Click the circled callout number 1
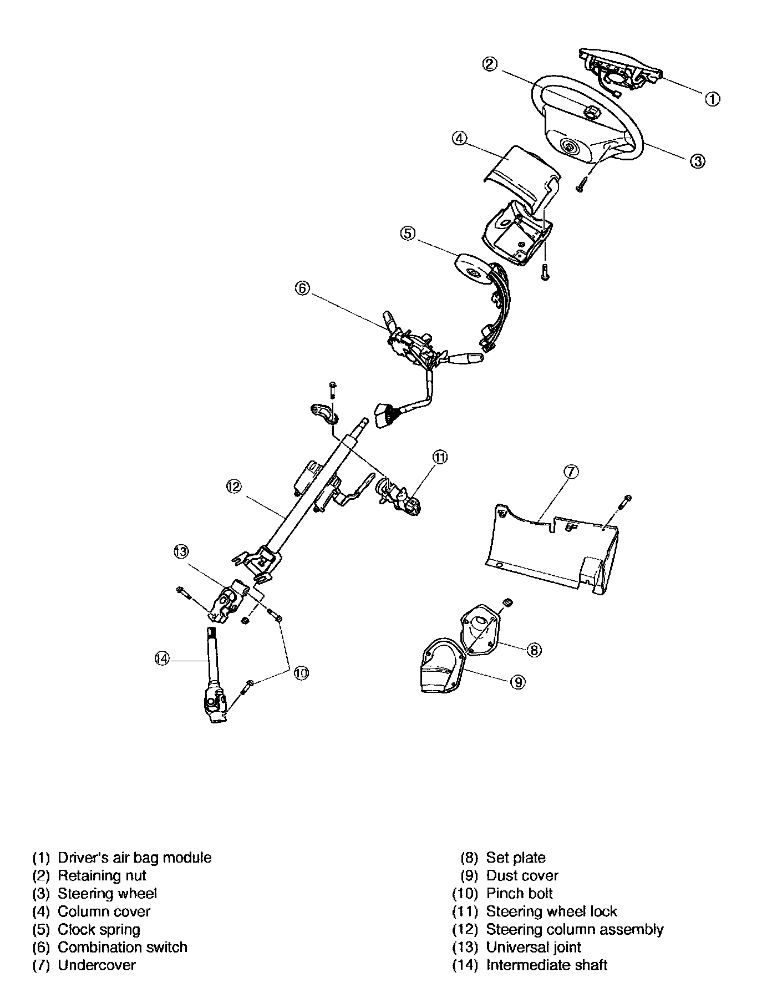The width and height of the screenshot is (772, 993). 713,99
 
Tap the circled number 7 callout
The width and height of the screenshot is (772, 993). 571,472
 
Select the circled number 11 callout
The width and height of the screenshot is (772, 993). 440,457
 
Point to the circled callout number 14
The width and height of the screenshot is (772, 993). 162,658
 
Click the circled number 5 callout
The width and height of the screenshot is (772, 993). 408,234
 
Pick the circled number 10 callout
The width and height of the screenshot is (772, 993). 301,673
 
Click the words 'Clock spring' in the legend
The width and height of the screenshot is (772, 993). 99,929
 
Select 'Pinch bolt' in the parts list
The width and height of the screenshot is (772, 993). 520,893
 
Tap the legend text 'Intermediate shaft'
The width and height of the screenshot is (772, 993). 547,965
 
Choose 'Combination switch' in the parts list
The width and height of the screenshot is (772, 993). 123,947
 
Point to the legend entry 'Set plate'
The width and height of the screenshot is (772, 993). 516,858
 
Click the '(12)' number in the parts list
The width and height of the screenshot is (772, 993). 465,929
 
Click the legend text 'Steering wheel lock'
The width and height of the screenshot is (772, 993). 552,911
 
